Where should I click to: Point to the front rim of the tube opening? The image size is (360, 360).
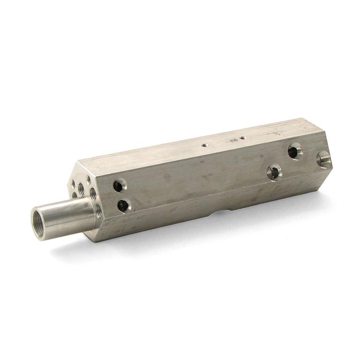[34, 223]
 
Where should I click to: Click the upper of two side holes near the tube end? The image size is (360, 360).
[118, 186]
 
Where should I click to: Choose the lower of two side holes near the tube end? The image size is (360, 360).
[124, 205]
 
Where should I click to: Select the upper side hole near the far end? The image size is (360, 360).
[295, 151]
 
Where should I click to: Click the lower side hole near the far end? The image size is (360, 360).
[274, 172]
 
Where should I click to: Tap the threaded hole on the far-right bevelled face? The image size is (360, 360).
[324, 159]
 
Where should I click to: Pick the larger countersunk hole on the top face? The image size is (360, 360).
[205, 145]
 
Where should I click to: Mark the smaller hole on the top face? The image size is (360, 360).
[242, 138]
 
